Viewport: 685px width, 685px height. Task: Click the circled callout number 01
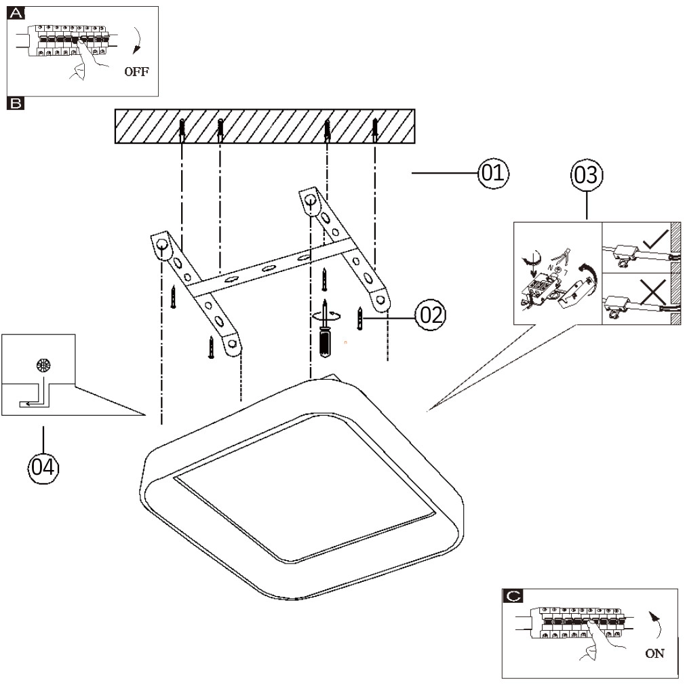(493, 174)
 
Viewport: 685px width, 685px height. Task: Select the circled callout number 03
(586, 174)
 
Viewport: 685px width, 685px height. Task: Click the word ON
(655, 654)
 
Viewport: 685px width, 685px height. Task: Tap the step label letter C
(513, 597)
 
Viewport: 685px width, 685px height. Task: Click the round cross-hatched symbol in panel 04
(43, 365)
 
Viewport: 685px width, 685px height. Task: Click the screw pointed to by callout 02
(360, 317)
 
